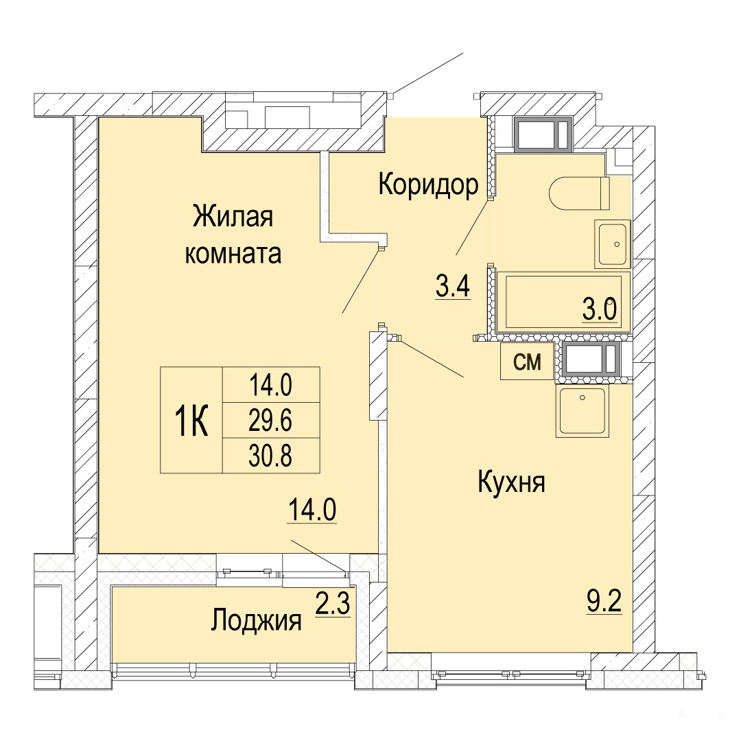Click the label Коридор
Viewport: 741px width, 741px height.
pos(428,185)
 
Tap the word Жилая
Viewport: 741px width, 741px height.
pos(233,217)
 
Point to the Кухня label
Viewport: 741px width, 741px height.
pos(511,483)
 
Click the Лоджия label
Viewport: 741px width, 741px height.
pos(256,620)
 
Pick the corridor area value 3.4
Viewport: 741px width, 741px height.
pos(453,286)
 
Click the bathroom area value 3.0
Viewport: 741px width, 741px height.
pos(600,310)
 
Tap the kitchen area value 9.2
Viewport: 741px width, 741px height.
pos(604,602)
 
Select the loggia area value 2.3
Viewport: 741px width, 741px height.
pos(333,605)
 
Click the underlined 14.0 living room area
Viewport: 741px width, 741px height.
pos(312,510)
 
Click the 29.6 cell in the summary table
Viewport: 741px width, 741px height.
pos(271,420)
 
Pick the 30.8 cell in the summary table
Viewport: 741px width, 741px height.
pos(271,456)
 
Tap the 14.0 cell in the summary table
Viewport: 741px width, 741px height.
pos(271,385)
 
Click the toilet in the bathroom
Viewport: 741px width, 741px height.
pos(579,193)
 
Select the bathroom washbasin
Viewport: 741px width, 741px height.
pos(613,244)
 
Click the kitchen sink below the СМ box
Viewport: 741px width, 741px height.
pos(583,411)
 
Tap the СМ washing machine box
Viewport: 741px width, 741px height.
pos(527,362)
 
